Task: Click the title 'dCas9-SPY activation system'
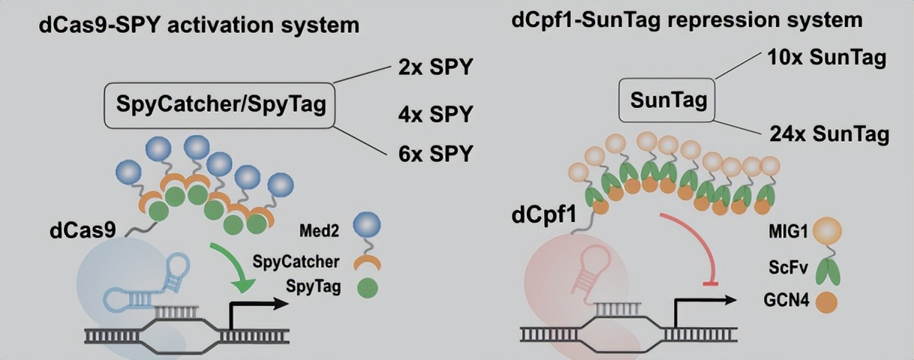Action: [200, 25]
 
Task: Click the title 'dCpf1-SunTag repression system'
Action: [687, 20]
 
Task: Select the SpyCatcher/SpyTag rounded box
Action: [221, 103]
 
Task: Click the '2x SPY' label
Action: [436, 67]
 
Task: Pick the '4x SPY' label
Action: [436, 115]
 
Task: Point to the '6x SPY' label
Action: [436, 154]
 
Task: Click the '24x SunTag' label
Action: [829, 135]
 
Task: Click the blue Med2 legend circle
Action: [367, 224]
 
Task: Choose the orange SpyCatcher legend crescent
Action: [367, 262]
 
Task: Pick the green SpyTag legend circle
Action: [367, 288]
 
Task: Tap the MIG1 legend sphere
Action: [826, 232]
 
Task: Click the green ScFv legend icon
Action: [826, 271]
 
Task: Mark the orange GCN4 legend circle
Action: [826, 302]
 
